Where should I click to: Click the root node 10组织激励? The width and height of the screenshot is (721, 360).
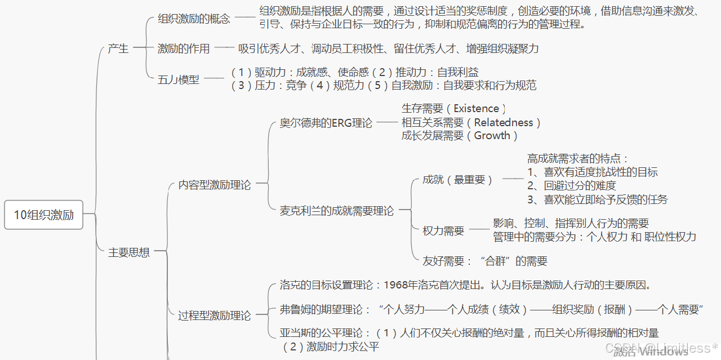[x=43, y=215]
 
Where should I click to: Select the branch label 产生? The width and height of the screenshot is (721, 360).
[x=118, y=48]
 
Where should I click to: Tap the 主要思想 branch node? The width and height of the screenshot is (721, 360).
[x=129, y=252]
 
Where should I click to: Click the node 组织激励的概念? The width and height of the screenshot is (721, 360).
[x=194, y=19]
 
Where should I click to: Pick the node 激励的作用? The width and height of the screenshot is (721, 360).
[x=184, y=49]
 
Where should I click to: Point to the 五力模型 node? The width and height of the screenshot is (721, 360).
[x=178, y=79]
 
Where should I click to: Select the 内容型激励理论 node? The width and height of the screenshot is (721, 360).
[x=214, y=185]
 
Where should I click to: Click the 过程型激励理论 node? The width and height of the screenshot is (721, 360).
[x=214, y=315]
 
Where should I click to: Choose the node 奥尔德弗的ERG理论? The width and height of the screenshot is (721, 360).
[x=326, y=123]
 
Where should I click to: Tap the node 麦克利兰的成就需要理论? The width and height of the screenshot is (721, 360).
[x=337, y=211]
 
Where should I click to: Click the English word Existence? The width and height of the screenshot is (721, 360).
[x=476, y=109]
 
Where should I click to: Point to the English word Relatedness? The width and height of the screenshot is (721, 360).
[x=503, y=122]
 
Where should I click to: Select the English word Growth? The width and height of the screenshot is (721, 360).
[x=492, y=136]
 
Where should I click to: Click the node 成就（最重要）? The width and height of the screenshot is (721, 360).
[x=458, y=180]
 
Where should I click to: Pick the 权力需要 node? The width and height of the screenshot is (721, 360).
[x=443, y=230]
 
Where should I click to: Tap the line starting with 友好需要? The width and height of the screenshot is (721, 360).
[x=484, y=261]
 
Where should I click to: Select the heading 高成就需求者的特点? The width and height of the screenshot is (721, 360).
[x=577, y=159]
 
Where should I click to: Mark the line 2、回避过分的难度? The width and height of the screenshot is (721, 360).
[x=572, y=185]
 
